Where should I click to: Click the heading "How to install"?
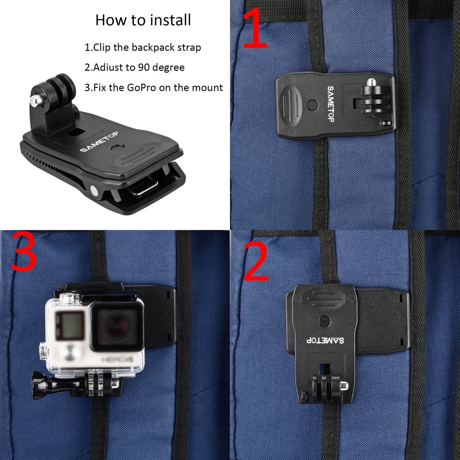[143, 20]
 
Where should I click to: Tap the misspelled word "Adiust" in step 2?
[107, 67]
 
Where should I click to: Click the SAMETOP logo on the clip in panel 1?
[330, 103]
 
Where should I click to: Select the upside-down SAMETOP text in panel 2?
[325, 341]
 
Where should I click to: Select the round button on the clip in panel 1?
[313, 105]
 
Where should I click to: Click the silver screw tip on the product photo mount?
[34, 99]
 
